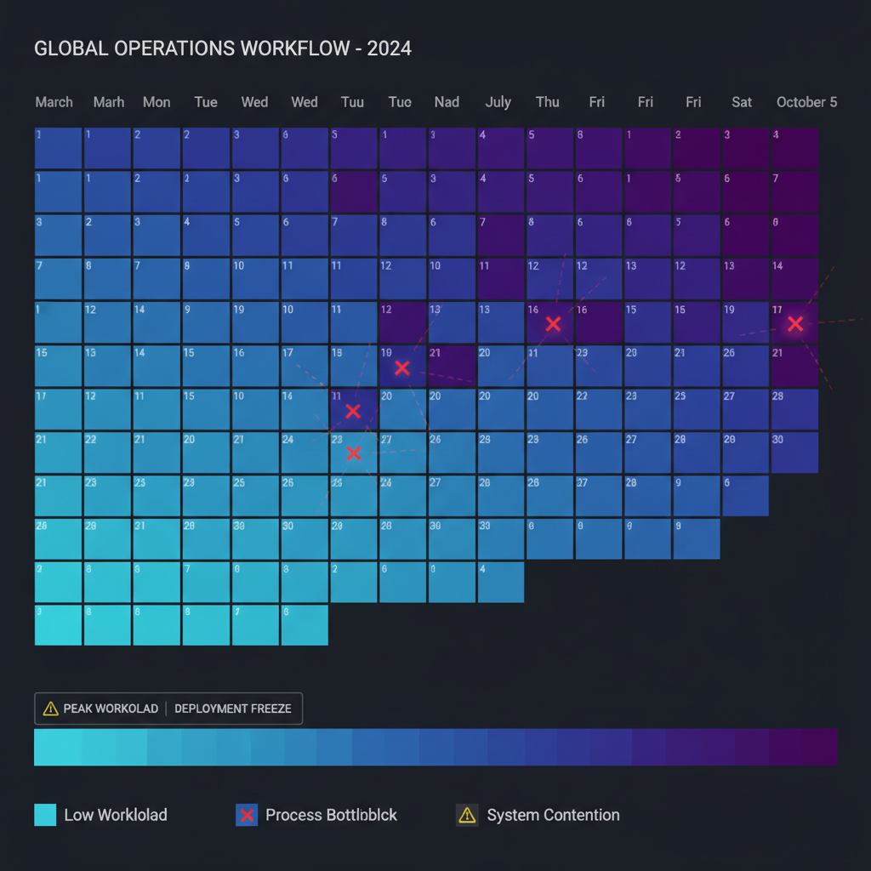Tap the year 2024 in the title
(389, 48)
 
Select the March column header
(54, 102)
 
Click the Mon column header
(157, 102)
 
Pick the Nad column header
(447, 102)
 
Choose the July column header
(498, 102)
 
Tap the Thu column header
(548, 102)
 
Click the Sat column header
(742, 102)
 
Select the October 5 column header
(806, 102)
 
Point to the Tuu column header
(352, 102)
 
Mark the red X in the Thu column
(553, 324)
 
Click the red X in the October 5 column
(795, 324)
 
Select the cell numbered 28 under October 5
(794, 409)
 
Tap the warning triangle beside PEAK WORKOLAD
(50, 709)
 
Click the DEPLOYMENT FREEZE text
(233, 709)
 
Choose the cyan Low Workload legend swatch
(45, 815)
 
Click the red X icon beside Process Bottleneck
(247, 815)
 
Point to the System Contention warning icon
(467, 815)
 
